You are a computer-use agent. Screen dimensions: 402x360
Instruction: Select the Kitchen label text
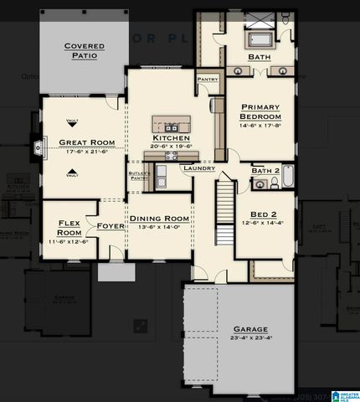point(171,137)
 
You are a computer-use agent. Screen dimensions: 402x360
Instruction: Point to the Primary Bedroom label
point(260,112)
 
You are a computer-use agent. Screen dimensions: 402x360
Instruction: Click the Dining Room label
point(159,219)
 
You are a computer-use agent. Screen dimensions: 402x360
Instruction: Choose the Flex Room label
point(68,227)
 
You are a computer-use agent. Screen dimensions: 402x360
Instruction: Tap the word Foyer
point(111,226)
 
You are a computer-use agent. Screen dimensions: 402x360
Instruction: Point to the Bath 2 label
point(265,171)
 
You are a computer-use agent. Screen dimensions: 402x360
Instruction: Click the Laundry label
point(199,168)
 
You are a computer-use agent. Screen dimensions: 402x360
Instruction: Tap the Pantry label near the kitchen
point(208,80)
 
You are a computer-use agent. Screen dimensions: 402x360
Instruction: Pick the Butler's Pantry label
point(139,176)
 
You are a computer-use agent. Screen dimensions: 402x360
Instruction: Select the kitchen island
point(171,124)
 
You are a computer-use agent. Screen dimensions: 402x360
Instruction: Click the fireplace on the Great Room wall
point(38,150)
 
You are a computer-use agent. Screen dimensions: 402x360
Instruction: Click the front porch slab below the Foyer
point(116,272)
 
